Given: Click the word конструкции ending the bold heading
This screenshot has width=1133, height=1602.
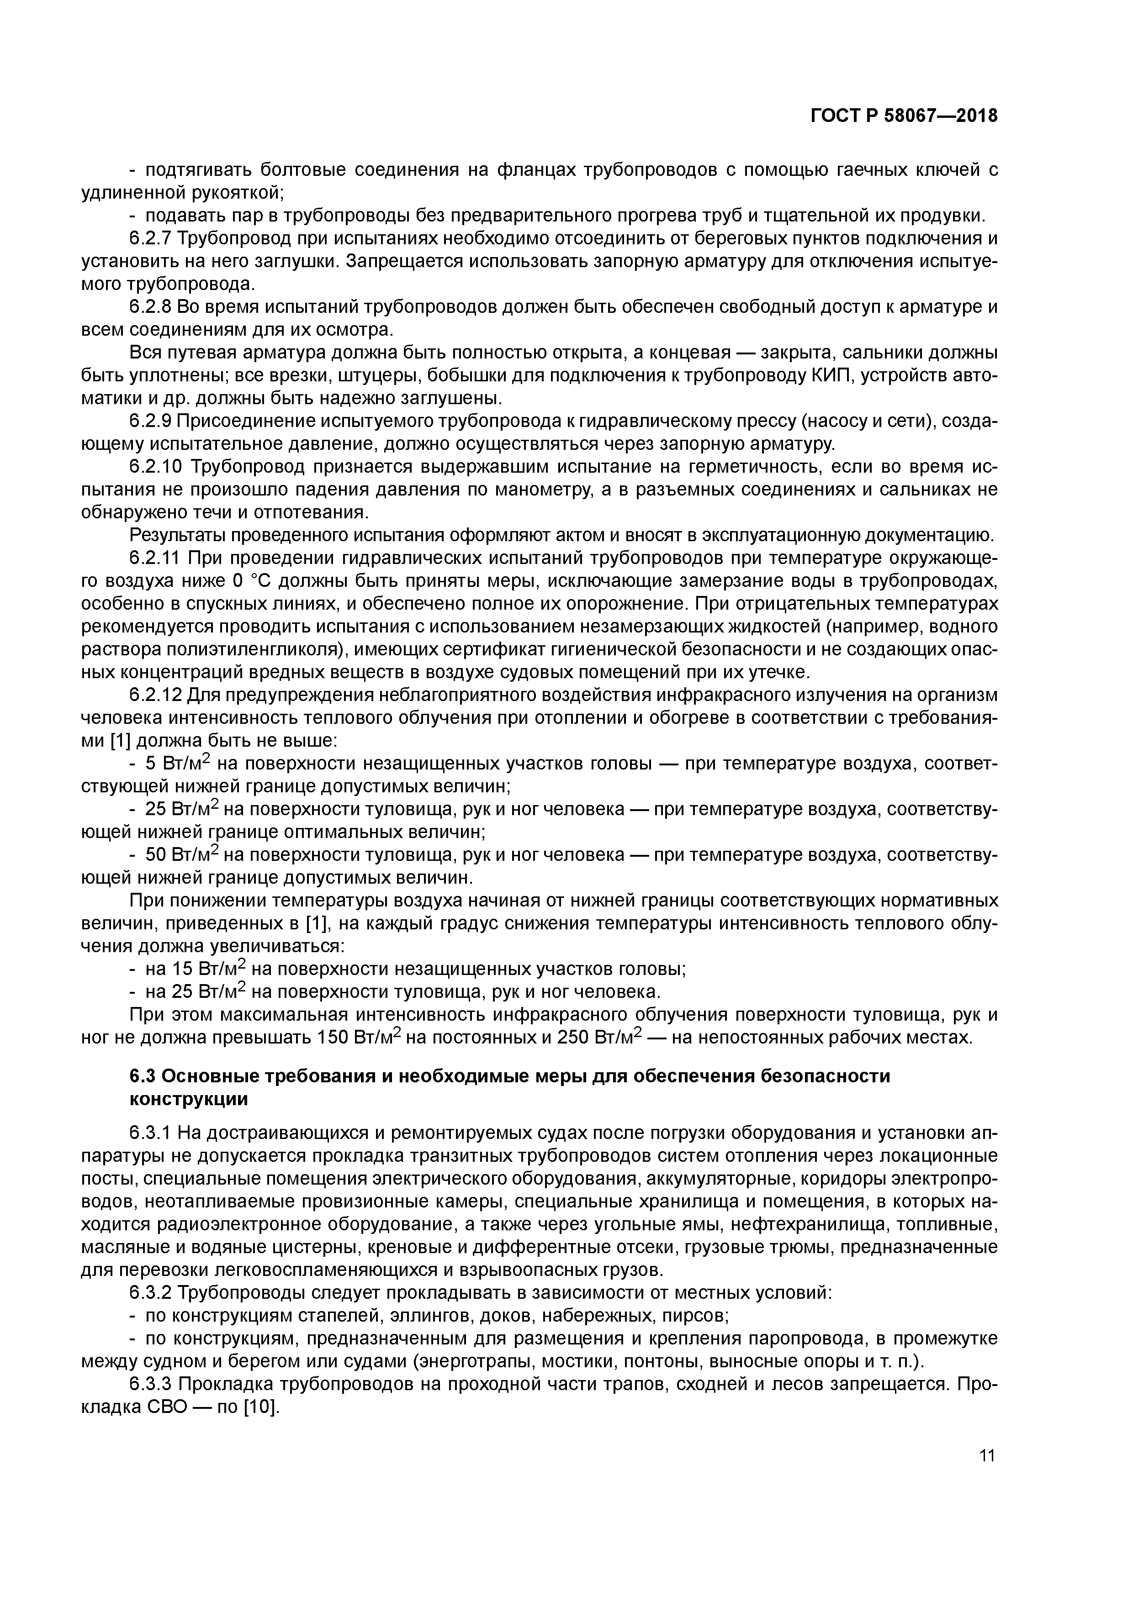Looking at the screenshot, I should click(189, 1099).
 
